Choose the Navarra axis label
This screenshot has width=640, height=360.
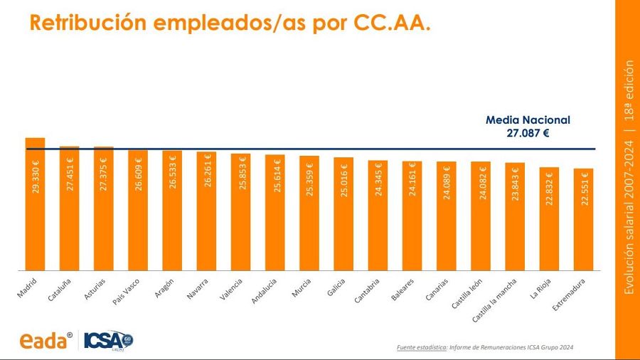tap(198, 290)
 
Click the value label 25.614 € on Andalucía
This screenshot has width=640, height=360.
tap(276, 178)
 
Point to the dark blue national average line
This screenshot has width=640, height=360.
tap(427, 149)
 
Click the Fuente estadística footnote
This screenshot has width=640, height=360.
tap(484, 347)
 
